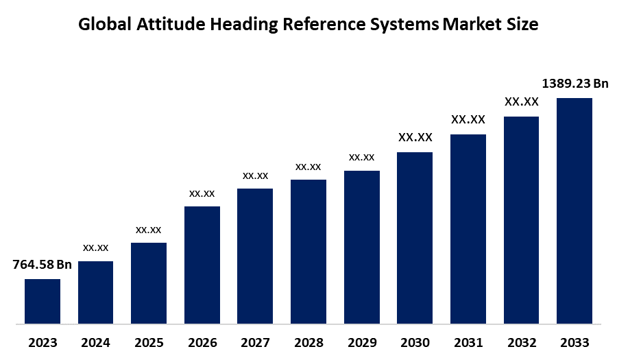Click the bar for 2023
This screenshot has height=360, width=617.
coord(43,301)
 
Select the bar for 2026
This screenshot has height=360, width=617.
coord(202,265)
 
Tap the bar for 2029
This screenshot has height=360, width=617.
coord(362,247)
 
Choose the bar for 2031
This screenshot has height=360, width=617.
coord(468,228)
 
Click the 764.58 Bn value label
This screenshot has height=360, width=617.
coord(43,265)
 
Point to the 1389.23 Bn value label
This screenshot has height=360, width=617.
coord(575,84)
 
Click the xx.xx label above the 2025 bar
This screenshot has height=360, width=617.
coord(149,229)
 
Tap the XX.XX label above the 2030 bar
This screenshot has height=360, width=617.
coord(415,138)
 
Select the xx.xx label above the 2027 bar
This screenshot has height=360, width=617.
coord(255,176)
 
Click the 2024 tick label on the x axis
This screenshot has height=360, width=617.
coord(96,342)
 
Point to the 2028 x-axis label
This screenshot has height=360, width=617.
coord(308,342)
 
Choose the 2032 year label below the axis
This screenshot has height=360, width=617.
coord(521,342)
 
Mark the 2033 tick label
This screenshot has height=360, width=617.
coord(574,342)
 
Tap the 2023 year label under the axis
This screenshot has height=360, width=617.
coord(43,342)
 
